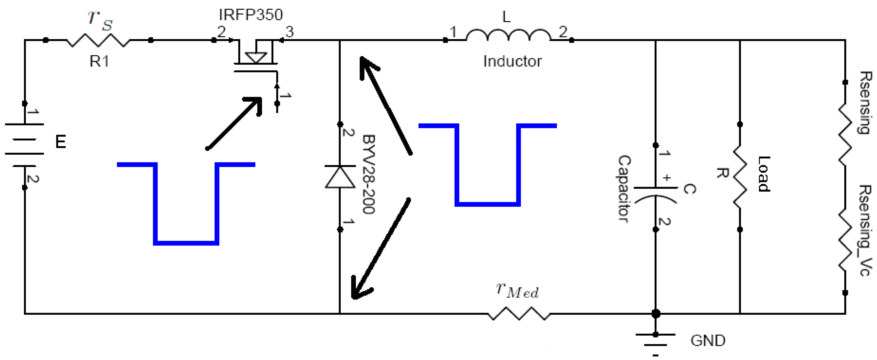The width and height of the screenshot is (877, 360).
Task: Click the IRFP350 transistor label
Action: pyautogui.click(x=251, y=15)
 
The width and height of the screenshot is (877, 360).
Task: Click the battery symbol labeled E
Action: pyautogui.click(x=25, y=145)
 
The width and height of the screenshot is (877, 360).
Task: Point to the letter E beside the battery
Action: pyautogui.click(x=61, y=142)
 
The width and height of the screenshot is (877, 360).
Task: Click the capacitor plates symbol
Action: pyautogui.click(x=656, y=194)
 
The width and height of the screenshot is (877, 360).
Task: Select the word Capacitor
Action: pyautogui.click(x=624, y=189)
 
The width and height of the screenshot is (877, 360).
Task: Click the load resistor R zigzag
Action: pyautogui.click(x=740, y=177)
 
